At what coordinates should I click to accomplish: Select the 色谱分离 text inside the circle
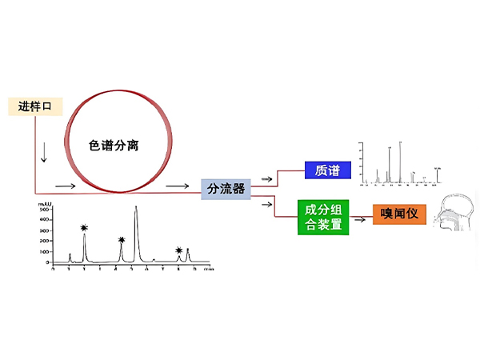tap(117, 146)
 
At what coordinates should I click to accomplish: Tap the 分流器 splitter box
tap(226, 189)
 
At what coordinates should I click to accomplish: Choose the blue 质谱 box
tap(328, 170)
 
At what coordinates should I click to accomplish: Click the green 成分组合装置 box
tap(323, 217)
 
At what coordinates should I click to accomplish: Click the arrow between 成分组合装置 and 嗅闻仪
tap(362, 215)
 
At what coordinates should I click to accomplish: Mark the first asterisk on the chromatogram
tap(84, 228)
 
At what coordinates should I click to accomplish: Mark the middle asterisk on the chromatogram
tap(122, 239)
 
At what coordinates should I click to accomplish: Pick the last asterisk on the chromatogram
tap(178, 250)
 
